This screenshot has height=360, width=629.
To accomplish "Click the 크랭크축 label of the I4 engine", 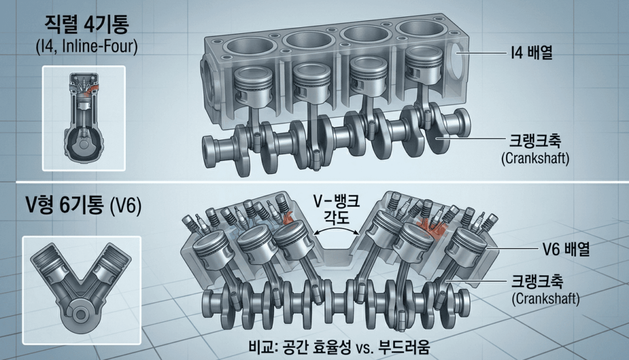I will (x=532, y=142).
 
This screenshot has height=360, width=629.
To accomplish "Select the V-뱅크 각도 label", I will (x=335, y=209).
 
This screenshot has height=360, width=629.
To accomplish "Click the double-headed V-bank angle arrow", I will (x=335, y=232).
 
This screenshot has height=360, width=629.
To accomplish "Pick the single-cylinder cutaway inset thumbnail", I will (x=84, y=118).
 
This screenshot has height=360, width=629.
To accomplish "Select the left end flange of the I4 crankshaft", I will (x=213, y=150).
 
